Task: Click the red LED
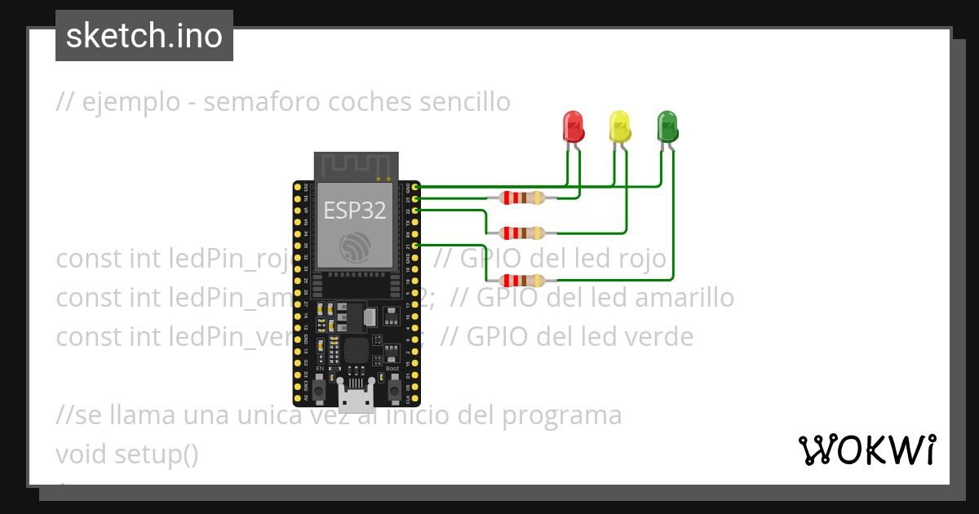click(574, 126)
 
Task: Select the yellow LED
click(620, 126)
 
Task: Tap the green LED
click(667, 126)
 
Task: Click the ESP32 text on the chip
click(355, 210)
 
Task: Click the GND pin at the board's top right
click(415, 188)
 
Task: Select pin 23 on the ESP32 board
click(415, 198)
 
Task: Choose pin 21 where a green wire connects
click(415, 245)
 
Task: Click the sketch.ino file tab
click(144, 36)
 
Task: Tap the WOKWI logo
click(866, 450)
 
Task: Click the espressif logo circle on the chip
click(355, 248)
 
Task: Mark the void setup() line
click(127, 454)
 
